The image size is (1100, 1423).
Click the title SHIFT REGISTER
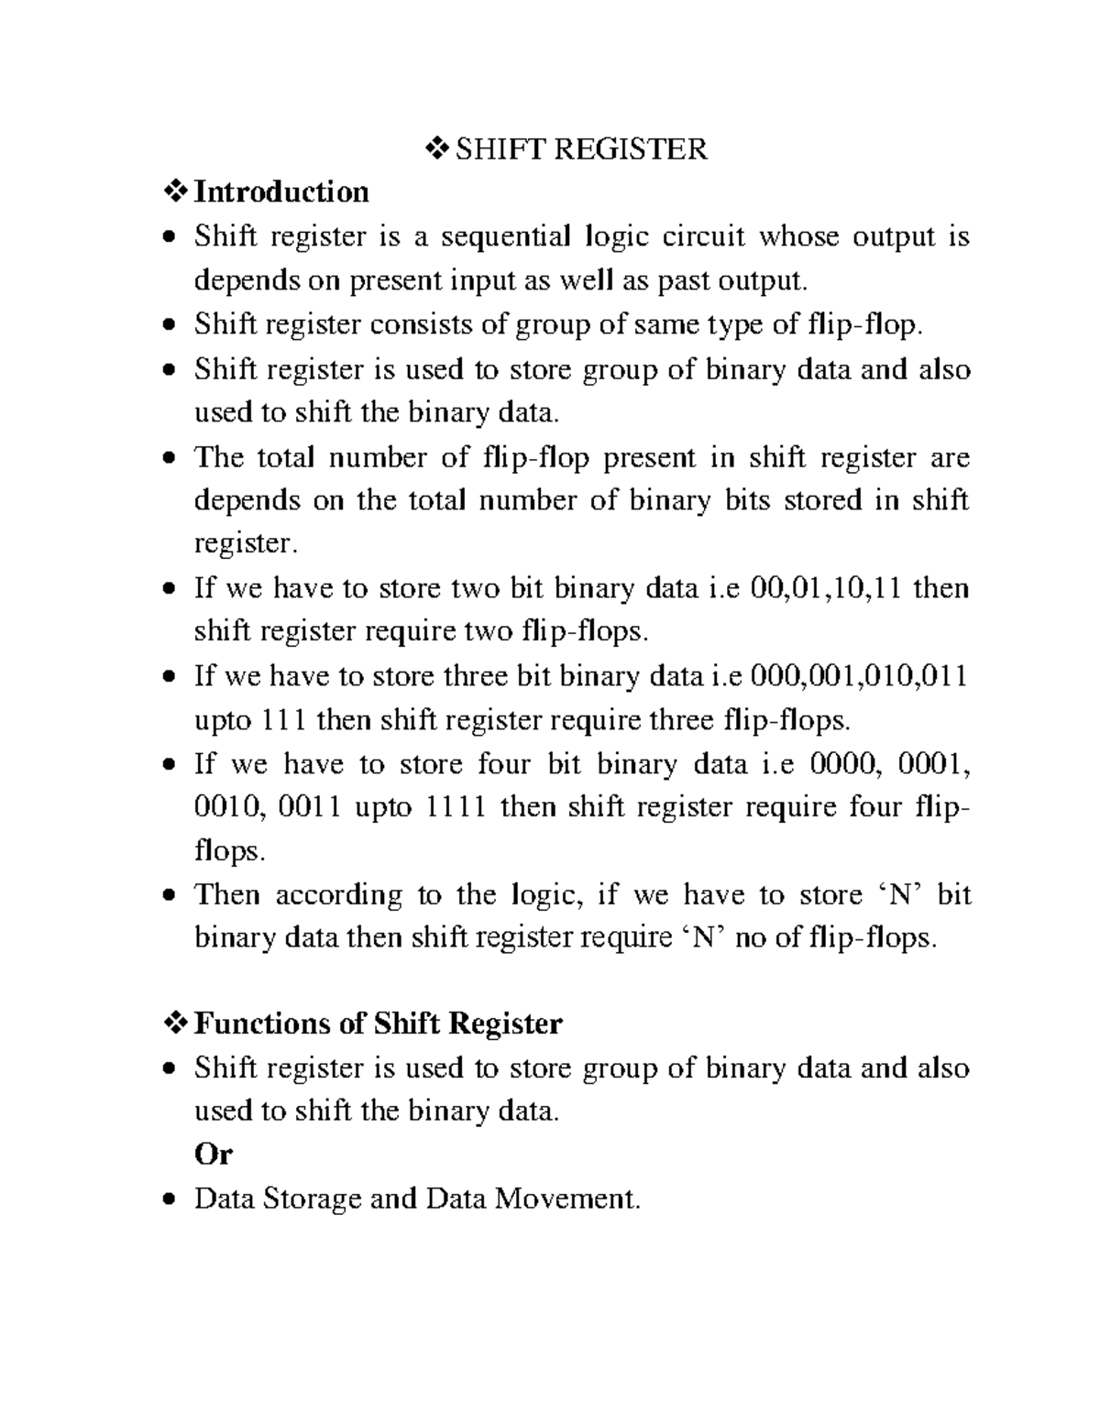click(x=581, y=148)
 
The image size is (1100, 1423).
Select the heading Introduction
click(x=281, y=192)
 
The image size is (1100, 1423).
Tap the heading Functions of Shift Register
click(x=378, y=1023)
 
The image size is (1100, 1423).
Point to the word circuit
click(x=704, y=237)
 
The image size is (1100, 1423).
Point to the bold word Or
click(x=214, y=1155)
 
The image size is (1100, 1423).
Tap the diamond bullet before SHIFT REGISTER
click(x=438, y=148)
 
